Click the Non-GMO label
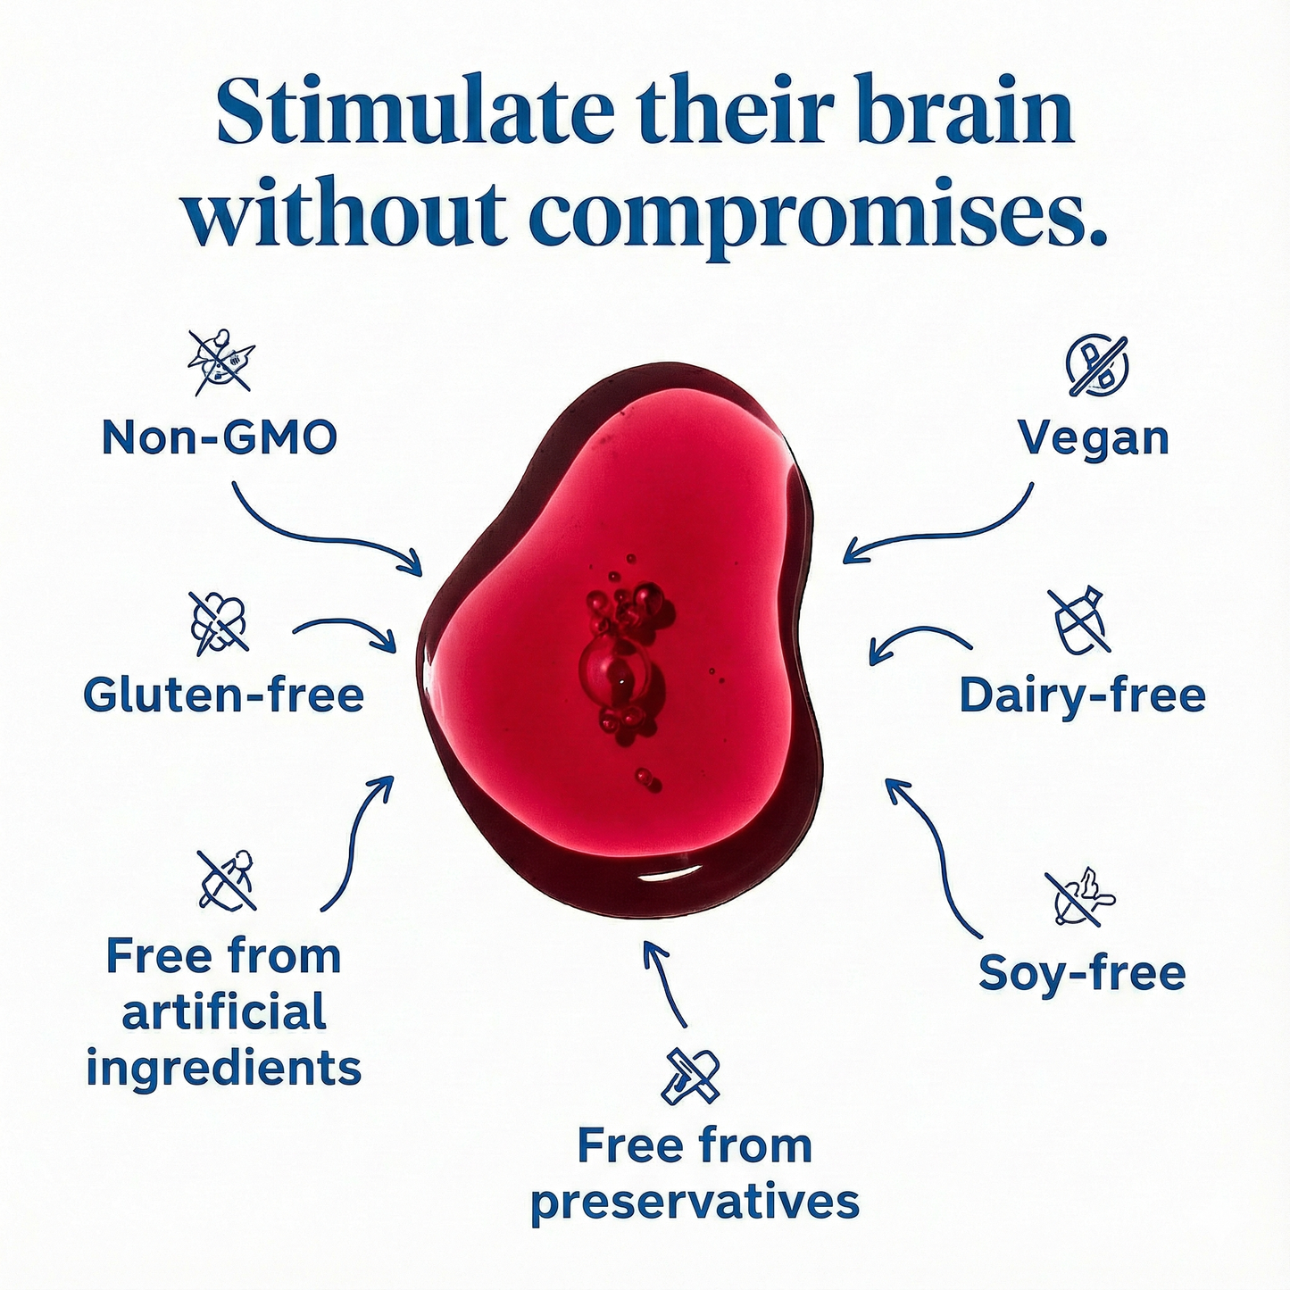(219, 437)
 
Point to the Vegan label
(1093, 437)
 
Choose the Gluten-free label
(223, 695)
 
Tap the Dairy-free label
(1082, 695)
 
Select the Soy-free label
(1081, 972)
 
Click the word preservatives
(695, 1203)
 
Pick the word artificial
(223, 1012)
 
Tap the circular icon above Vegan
(1097, 365)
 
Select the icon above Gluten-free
(220, 621)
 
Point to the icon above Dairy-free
(1078, 620)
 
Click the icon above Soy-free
(1079, 896)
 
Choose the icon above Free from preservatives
(690, 1076)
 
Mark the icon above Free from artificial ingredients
(226, 878)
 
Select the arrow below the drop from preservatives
(665, 982)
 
